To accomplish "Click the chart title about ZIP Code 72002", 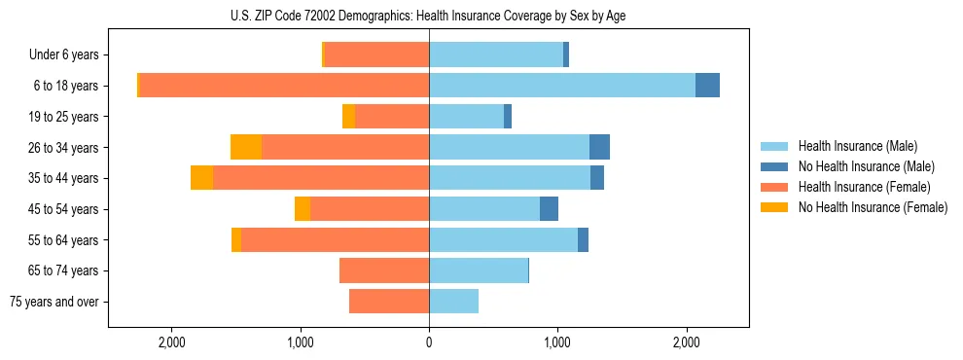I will point(428,15).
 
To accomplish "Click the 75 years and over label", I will point(54,302).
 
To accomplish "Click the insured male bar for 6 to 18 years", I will point(562,86).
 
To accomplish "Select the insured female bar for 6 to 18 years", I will point(284,86).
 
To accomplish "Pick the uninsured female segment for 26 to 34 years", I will point(246,147).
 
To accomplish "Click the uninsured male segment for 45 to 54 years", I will point(549,209).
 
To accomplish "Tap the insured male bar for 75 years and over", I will point(453,302).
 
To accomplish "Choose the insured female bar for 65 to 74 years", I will point(384,270).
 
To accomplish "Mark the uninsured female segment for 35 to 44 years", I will point(201,178).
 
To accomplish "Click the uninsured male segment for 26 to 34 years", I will point(599,147).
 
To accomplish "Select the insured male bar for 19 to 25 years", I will point(466,117).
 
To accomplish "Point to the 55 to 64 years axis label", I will point(64,240).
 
